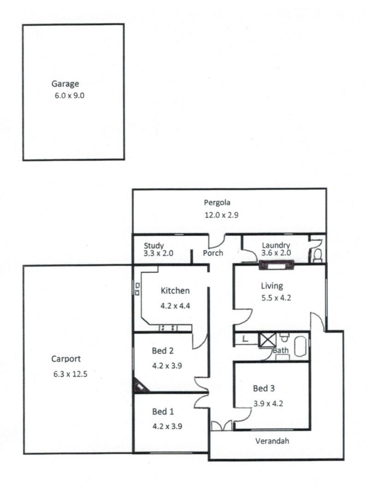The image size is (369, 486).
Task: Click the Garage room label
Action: [65, 84]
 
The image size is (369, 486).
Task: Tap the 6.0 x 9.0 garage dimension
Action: [70, 95]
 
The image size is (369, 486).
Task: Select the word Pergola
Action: [217, 203]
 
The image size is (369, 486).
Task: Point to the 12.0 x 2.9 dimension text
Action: [221, 215]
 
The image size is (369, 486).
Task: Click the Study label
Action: [154, 246]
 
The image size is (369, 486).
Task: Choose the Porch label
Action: [213, 253]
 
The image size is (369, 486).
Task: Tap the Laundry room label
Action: [276, 246]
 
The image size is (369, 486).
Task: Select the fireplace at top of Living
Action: [276, 265]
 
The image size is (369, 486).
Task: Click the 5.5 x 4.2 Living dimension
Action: [276, 298]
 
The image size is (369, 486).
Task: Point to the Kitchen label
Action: [175, 291]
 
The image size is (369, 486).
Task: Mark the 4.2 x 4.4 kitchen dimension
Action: [175, 306]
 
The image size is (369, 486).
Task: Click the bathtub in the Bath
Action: [300, 347]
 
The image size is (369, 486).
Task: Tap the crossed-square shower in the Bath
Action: [268, 340]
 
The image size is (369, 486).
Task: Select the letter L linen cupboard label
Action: [245, 339]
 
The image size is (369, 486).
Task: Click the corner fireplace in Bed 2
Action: [140, 386]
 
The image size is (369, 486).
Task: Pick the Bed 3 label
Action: [264, 388]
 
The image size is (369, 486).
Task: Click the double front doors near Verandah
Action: [222, 426]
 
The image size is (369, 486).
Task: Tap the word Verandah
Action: [272, 441]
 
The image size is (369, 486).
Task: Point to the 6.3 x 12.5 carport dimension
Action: [71, 374]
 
